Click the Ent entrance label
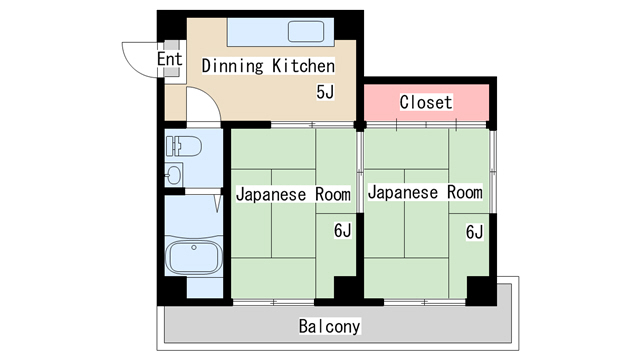(169, 59)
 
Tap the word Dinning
(233, 66)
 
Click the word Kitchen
(304, 66)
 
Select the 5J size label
(325, 92)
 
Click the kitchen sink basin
(306, 31)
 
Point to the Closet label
(426, 102)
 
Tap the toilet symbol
(184, 146)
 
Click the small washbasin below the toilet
(174, 175)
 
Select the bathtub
(193, 257)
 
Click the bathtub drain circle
(194, 247)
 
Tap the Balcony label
(329, 326)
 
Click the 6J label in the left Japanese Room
(342, 231)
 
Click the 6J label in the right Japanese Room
(474, 232)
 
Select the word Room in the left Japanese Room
(333, 194)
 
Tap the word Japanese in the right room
(403, 192)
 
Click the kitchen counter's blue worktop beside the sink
(257, 32)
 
